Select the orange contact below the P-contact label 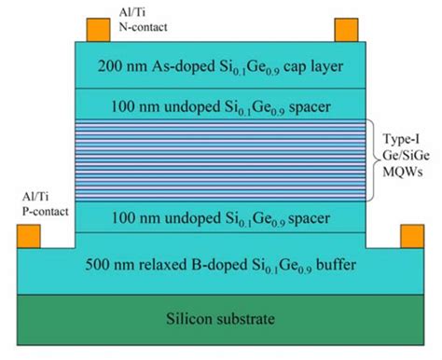coord(31,237)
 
